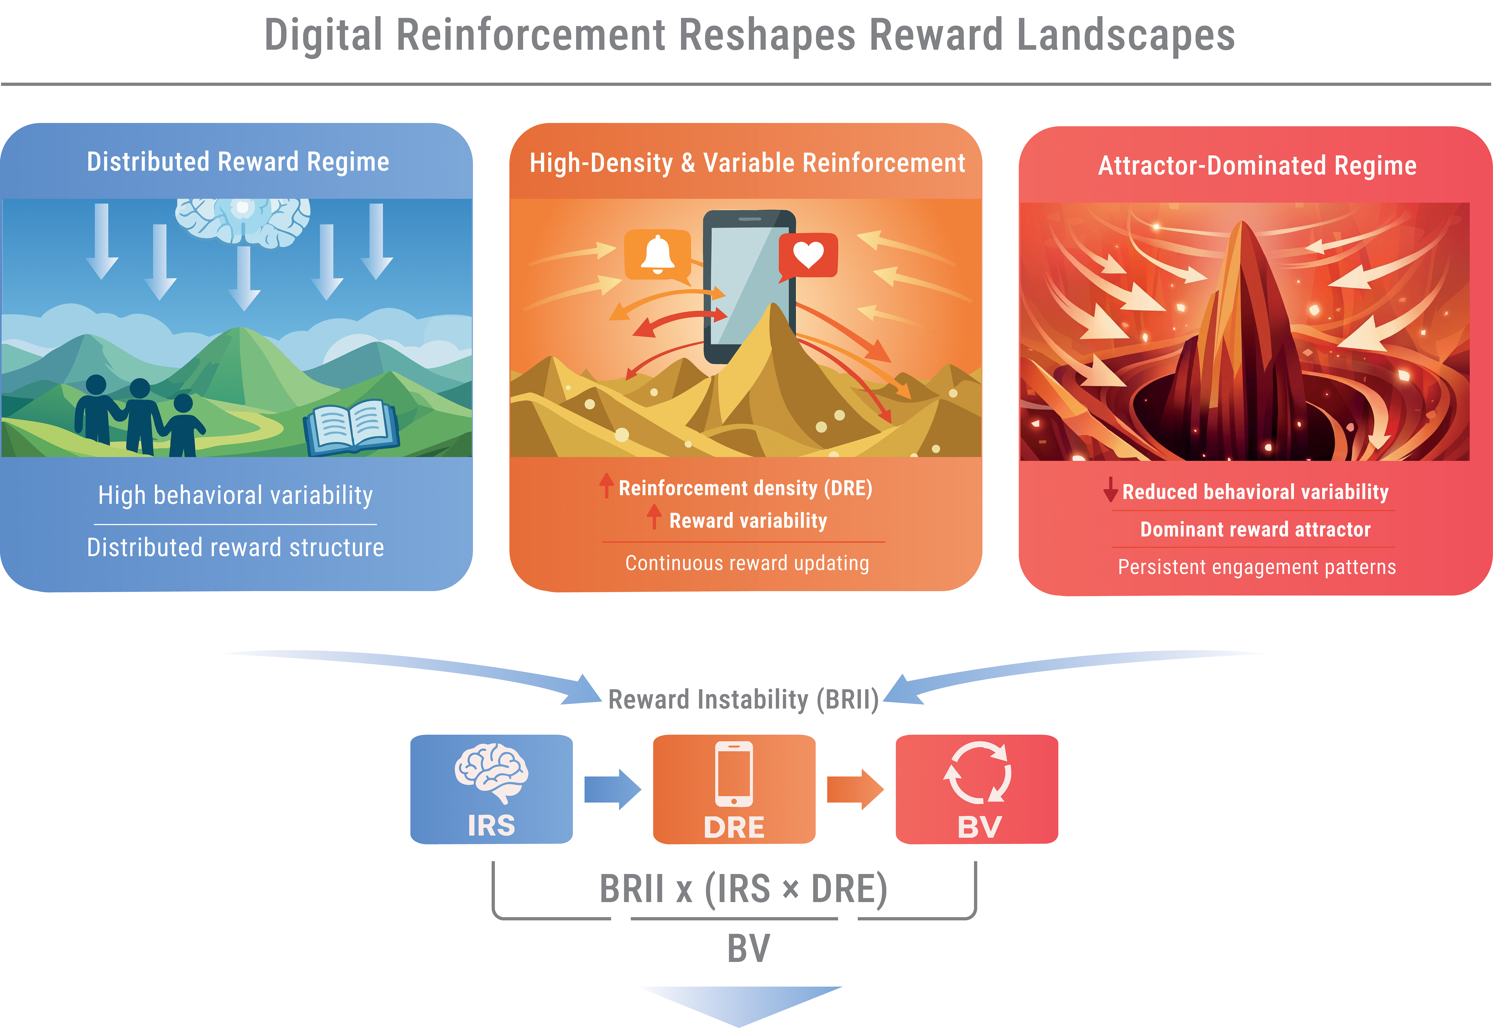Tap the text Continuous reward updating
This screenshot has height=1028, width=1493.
[747, 563]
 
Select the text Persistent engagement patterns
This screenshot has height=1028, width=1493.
[1257, 567]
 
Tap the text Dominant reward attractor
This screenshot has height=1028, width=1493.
[1255, 529]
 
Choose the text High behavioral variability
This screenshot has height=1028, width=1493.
[236, 495]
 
